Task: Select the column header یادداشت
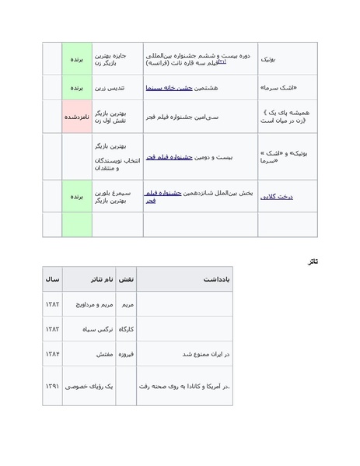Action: (x=217, y=279)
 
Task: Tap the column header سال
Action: (x=52, y=279)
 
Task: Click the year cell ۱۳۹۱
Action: (x=52, y=386)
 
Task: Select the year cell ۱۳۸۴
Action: (x=52, y=354)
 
